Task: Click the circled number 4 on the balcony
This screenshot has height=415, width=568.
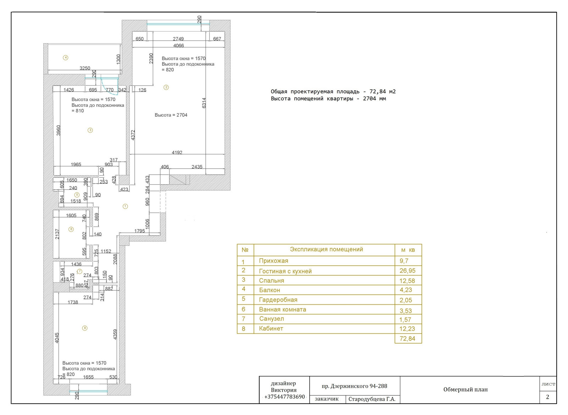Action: tap(65, 58)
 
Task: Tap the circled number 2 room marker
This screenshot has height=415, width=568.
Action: tap(166, 87)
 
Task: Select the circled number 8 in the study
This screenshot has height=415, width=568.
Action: tap(85, 328)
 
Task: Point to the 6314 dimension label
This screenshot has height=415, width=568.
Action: tap(204, 103)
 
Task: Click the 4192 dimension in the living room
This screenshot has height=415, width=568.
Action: tap(177, 153)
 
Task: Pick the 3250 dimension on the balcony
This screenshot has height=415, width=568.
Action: tap(85, 68)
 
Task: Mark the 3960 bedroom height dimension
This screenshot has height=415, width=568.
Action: tap(58, 131)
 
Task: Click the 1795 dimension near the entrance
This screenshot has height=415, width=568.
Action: tap(140, 231)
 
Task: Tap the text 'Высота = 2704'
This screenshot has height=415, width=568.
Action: tap(171, 115)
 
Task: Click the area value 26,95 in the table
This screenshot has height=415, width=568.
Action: tap(408, 271)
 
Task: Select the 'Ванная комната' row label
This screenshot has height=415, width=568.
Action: tap(283, 309)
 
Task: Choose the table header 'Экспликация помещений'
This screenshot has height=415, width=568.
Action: tap(326, 249)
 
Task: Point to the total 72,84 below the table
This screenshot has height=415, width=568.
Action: tap(408, 338)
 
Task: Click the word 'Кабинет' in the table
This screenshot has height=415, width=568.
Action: tap(271, 328)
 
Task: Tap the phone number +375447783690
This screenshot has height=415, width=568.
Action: tap(284, 397)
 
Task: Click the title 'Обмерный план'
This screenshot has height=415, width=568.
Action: tap(465, 389)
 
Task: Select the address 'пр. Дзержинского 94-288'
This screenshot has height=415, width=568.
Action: tap(355, 386)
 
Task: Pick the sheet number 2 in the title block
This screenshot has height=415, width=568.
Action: tap(547, 397)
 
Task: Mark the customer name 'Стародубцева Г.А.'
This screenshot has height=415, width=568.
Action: tap(372, 399)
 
